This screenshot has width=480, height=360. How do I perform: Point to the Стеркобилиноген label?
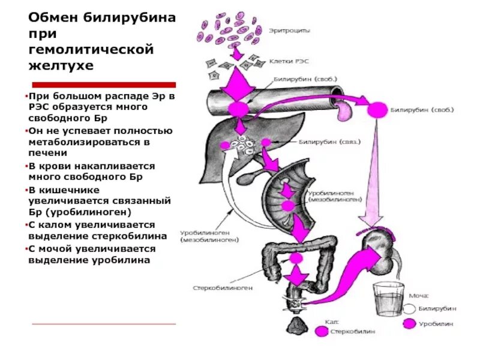coord(223,288)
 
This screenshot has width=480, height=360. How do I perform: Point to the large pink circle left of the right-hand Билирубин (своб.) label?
coord(377,110)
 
